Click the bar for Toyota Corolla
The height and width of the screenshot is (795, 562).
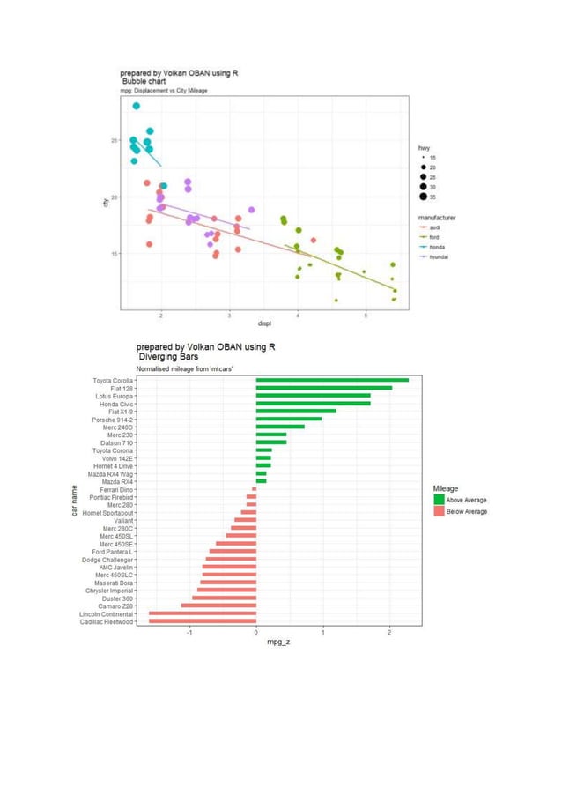point(332,381)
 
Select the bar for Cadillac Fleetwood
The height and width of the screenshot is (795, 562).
point(202,621)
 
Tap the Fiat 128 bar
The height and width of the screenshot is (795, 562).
point(323,388)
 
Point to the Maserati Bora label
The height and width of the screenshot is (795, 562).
point(114,583)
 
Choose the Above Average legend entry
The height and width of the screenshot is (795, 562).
point(467,501)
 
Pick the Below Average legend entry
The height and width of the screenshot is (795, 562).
point(467,511)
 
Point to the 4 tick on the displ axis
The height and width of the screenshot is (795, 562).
point(298,315)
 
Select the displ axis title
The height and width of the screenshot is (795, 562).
point(264,323)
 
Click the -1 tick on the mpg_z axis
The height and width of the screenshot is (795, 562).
point(189,631)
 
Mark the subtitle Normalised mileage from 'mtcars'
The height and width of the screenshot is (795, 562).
point(183,368)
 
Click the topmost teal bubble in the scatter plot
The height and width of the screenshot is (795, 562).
point(137,106)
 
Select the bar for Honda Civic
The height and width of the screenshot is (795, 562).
point(313,404)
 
